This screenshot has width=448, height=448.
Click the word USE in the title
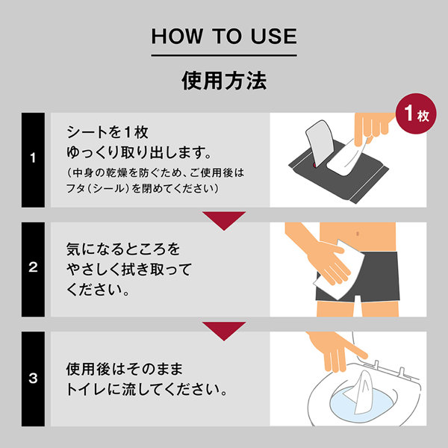point(274,37)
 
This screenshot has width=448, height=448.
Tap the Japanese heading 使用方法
point(224,81)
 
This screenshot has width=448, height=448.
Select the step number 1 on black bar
point(33,158)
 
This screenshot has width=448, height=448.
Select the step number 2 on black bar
point(33,267)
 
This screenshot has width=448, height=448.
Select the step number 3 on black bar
point(33,378)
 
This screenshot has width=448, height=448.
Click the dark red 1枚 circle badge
point(416,113)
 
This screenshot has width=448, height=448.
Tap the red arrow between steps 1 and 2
point(224,220)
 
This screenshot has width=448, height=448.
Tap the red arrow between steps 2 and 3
point(224,331)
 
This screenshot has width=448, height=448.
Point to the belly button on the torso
point(358,234)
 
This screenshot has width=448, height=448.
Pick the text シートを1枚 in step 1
point(108,132)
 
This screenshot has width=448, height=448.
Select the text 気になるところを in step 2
point(123,249)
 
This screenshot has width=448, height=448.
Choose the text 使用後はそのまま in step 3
point(125,369)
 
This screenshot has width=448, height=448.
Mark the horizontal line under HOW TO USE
point(224,55)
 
